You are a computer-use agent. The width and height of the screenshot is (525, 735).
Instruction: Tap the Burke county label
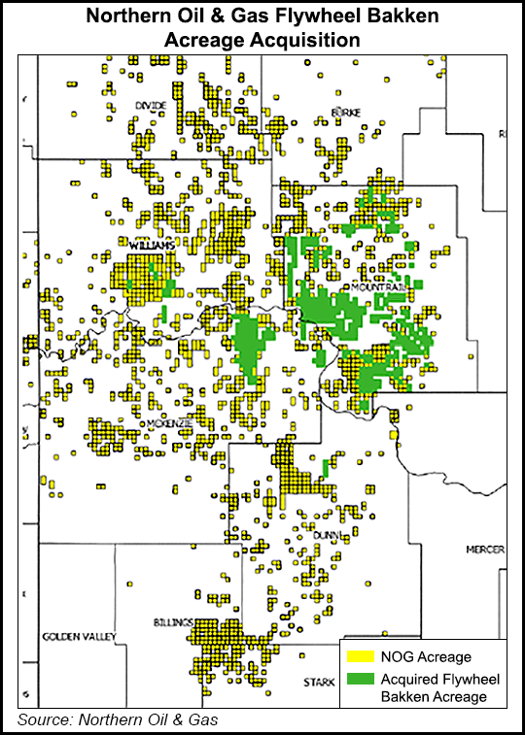(345, 113)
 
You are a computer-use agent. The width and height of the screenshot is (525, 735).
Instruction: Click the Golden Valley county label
(79, 637)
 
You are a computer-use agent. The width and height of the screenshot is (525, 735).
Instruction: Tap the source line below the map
(117, 719)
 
